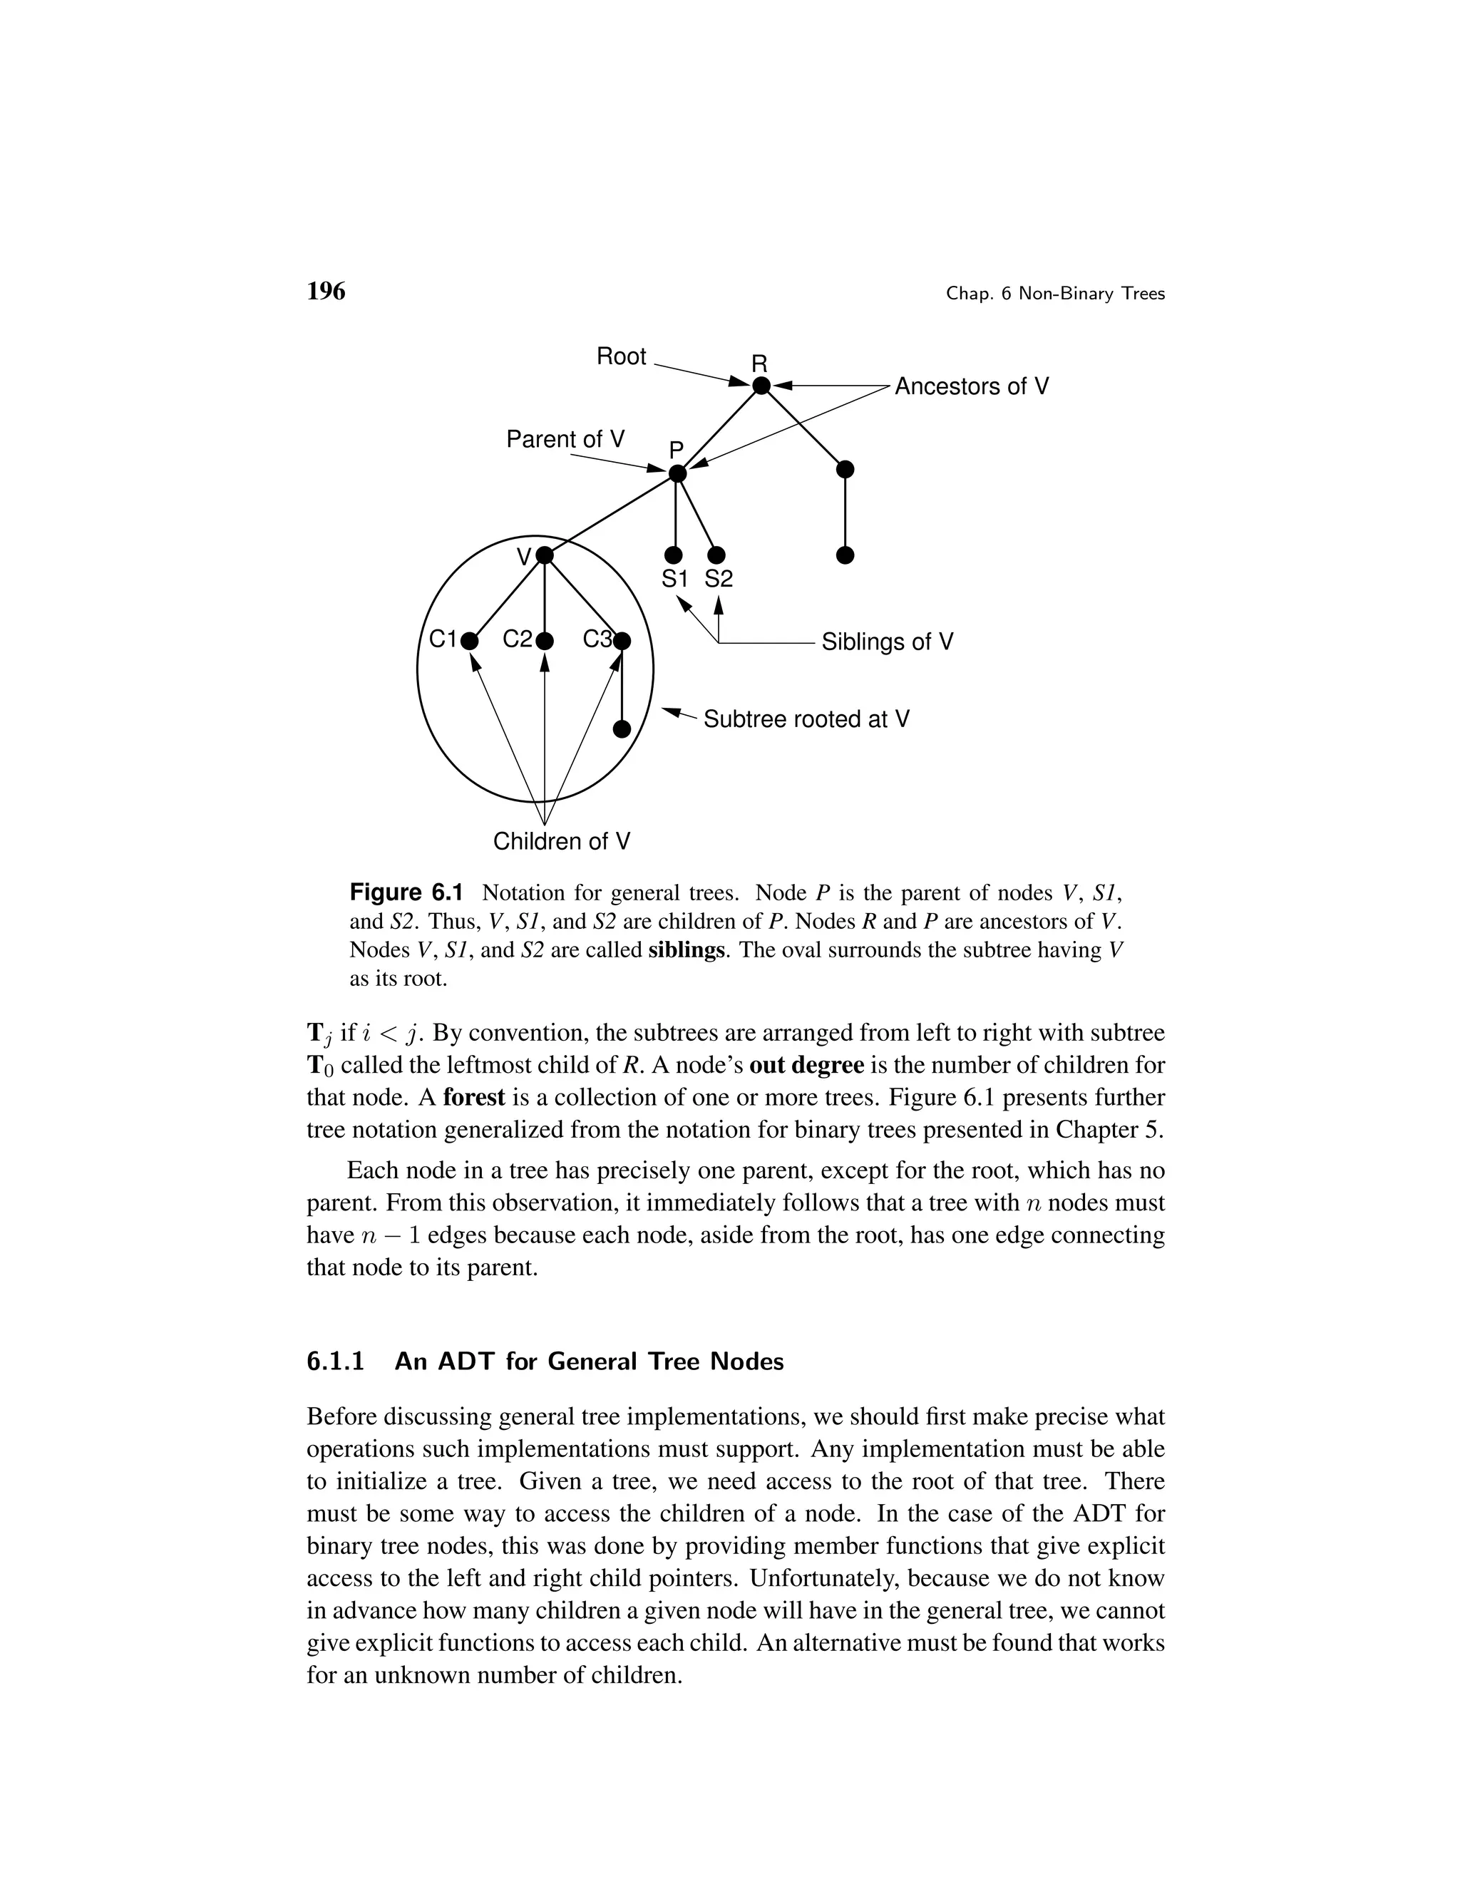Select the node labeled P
(678, 473)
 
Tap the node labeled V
(544, 555)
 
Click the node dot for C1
(469, 641)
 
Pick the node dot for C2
(544, 641)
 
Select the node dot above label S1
(674, 555)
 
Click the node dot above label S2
(717, 555)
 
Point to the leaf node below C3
(621, 729)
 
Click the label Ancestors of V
(972, 386)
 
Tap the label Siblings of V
(887, 642)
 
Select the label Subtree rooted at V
(806, 720)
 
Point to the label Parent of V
(565, 439)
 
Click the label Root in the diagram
(621, 356)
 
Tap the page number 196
(326, 292)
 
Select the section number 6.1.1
(336, 1362)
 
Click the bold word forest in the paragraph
(473, 1098)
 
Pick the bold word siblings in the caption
(686, 950)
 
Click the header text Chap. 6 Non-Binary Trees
(1055, 294)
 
